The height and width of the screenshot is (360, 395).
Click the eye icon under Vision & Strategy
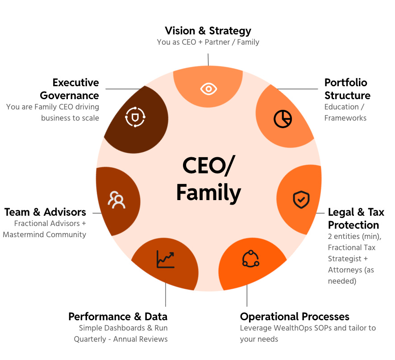[208, 89]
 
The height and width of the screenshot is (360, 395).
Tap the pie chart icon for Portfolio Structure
[283, 118]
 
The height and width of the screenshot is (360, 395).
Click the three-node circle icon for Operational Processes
[250, 259]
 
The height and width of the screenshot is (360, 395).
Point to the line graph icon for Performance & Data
[165, 260]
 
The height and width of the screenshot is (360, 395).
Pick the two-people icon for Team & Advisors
[117, 200]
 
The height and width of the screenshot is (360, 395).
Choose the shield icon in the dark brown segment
[135, 117]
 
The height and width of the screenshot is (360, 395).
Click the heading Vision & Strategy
[208, 31]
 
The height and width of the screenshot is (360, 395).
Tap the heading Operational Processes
[295, 317]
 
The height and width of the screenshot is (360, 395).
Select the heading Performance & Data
[118, 317]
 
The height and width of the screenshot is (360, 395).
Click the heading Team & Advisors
[45, 212]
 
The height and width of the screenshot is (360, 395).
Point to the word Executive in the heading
[75, 83]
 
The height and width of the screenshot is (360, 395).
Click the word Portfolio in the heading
[346, 83]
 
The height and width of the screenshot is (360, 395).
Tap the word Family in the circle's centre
[208, 193]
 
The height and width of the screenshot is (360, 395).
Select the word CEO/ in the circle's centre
[208, 166]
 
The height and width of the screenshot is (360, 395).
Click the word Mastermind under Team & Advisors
[37, 234]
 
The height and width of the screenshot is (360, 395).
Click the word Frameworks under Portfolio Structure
[345, 118]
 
